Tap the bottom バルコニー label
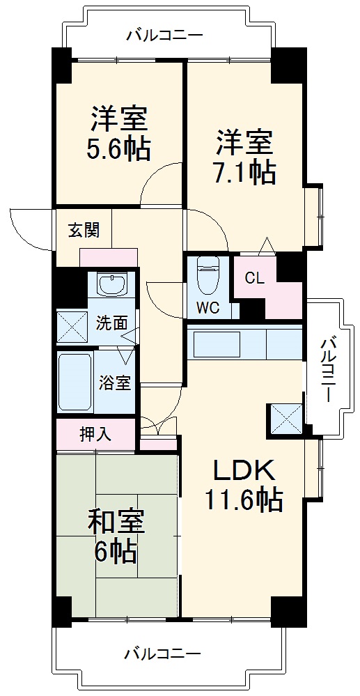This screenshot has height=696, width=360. click(163, 654)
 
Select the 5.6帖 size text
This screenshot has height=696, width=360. click(119, 149)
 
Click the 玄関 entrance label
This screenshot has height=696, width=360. click(83, 231)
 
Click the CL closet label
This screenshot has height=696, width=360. click(254, 278)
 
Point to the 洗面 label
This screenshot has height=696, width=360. click(111, 323)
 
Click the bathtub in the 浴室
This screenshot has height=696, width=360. click(75, 382)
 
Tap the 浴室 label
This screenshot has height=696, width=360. click(114, 382)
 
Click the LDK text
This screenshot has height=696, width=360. click(244, 472)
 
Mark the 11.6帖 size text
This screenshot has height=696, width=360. click(243, 500)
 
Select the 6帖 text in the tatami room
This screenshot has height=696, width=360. click(116, 552)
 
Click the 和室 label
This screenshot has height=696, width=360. click(116, 523)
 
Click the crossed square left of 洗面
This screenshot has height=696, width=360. click(72, 325)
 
